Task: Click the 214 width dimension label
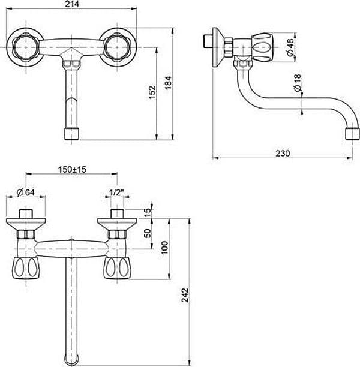[x=72, y=4]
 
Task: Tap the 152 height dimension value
[x=152, y=92]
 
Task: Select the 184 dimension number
[x=168, y=83]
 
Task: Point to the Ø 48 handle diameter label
[x=290, y=47]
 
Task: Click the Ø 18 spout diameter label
[x=297, y=82]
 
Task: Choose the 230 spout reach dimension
[x=283, y=154]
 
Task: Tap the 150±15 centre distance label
[x=73, y=169]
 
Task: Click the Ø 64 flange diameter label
[x=26, y=192]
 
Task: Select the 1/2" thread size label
[x=116, y=192]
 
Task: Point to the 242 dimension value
[x=185, y=295]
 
